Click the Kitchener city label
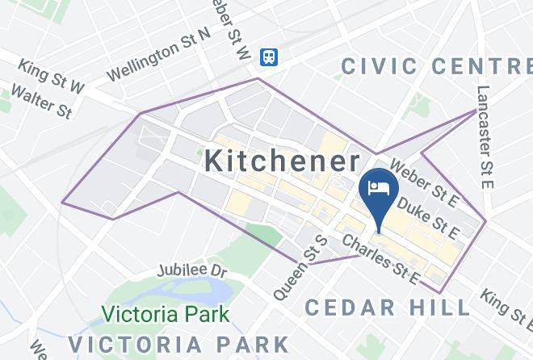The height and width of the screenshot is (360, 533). tap(282, 160)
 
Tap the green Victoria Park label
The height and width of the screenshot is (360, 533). tap(166, 313)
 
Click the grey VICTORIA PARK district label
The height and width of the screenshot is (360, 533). tap(178, 343)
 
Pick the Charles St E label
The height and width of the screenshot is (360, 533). tap(382, 260)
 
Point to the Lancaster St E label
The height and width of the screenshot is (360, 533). tap(485, 137)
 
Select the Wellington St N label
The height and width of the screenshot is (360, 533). tap(159, 53)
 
